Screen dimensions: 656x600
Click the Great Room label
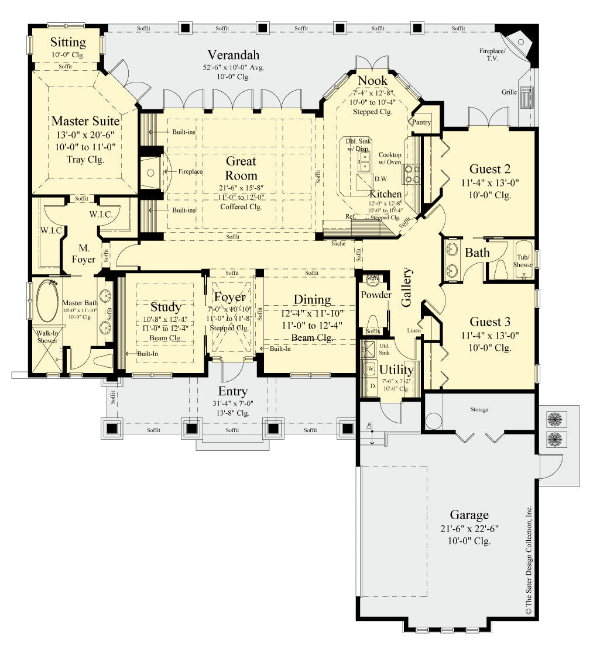click(241, 168)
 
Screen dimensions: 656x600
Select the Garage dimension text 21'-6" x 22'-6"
click(469, 529)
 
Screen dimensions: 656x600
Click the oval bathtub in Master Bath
click(47, 300)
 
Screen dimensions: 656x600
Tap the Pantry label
click(421, 122)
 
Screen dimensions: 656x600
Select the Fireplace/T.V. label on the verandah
click(493, 55)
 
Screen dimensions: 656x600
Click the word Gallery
click(407, 287)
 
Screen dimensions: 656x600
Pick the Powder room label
click(376, 295)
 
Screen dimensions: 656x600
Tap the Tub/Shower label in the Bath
click(523, 260)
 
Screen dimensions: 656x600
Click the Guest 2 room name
click(490, 169)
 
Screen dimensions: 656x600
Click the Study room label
click(166, 307)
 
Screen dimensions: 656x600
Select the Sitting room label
click(68, 42)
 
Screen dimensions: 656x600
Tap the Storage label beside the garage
click(479, 409)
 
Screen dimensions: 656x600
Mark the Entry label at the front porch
click(233, 391)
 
